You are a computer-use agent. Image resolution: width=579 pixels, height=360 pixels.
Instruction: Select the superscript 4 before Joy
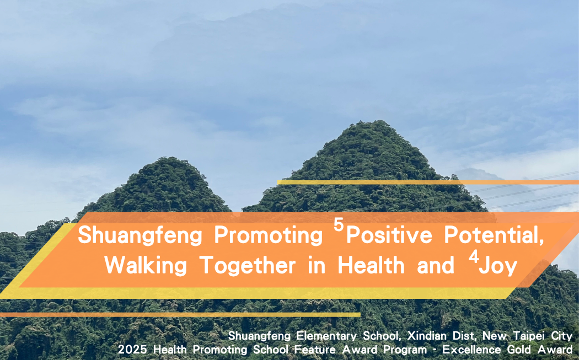[x=473, y=258]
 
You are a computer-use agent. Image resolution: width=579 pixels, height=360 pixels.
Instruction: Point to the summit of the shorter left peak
[x=168, y=160]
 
